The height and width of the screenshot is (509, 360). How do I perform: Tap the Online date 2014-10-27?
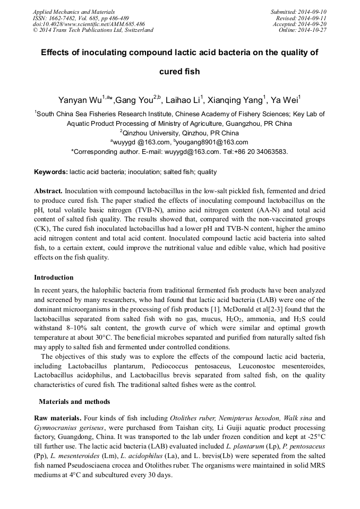pos(313,30)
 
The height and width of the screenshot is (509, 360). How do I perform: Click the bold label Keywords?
pos(51,172)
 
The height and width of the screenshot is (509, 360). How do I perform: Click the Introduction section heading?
pos(54,277)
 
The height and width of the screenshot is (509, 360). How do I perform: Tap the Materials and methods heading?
pos(74,401)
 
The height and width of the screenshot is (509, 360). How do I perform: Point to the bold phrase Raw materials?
pos(58,418)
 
